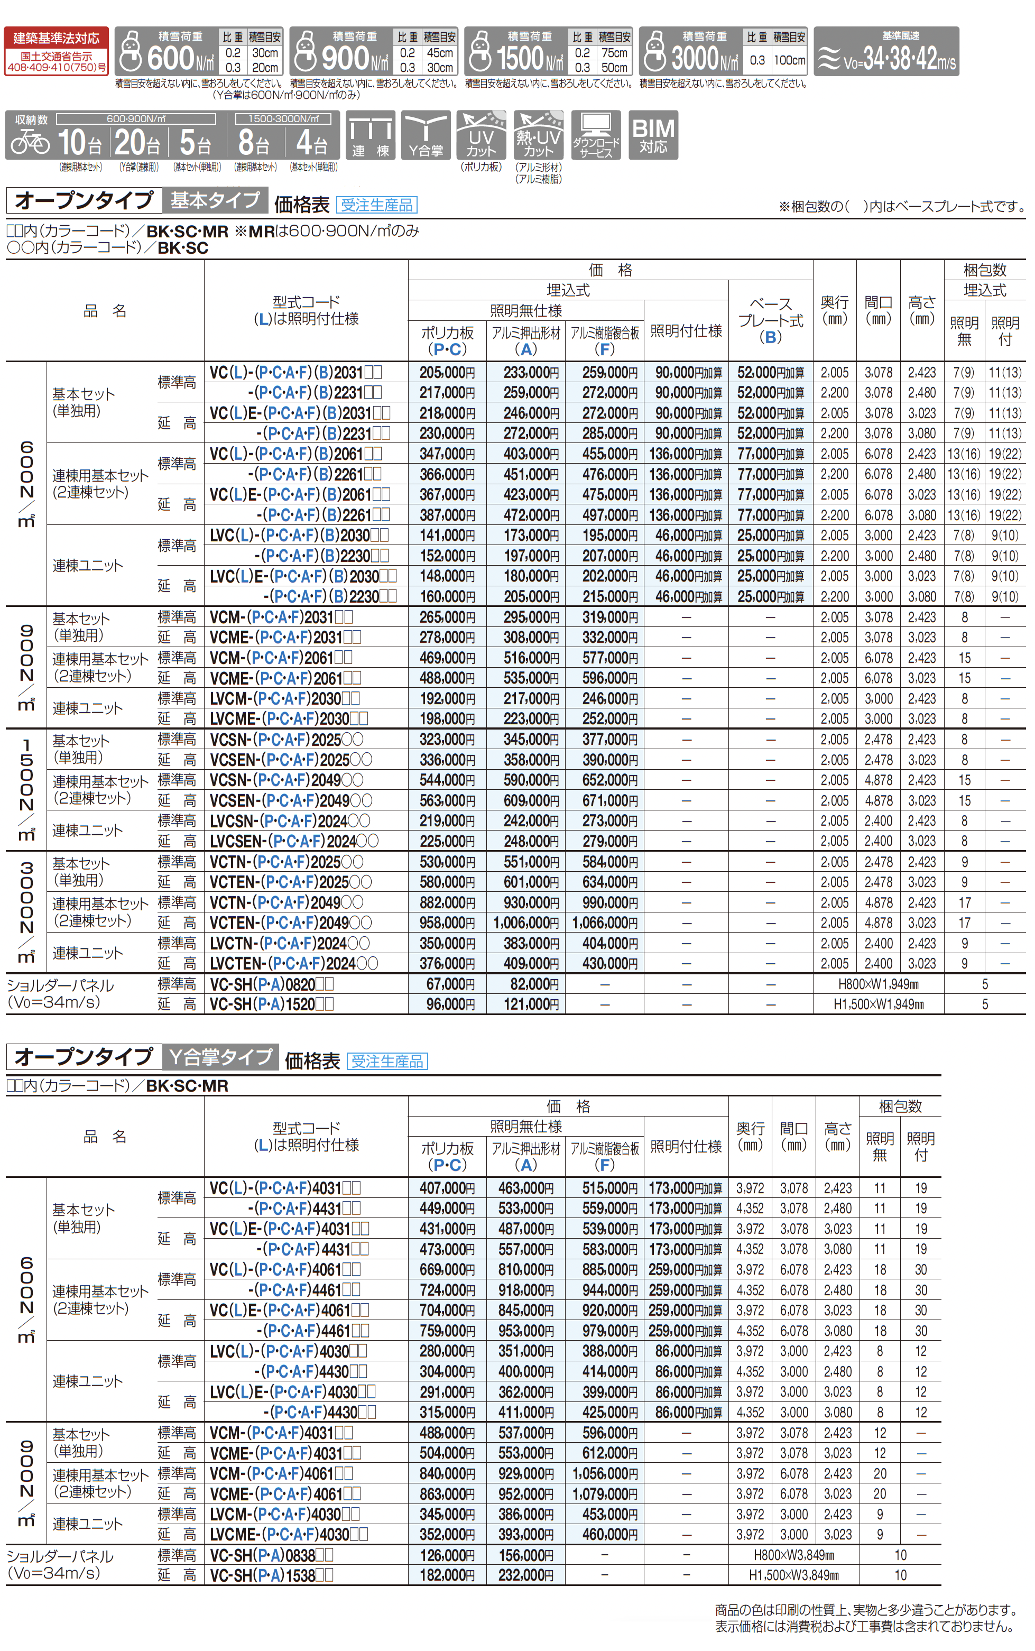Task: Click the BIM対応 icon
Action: pos(652,135)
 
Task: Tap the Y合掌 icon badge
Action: pos(425,135)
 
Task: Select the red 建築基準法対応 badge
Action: pos(56,51)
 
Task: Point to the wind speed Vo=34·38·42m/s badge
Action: pos(886,51)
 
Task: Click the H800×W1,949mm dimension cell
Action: pos(878,984)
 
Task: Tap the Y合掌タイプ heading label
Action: pos(220,1057)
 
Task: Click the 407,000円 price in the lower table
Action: pos(447,1188)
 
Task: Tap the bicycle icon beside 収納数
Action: pos(31,142)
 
